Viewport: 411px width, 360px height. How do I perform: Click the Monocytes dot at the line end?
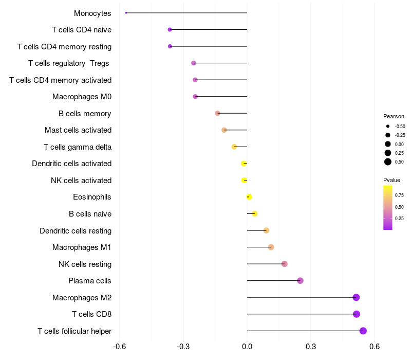(x=126, y=13)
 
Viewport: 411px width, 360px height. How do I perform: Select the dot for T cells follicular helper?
(x=363, y=331)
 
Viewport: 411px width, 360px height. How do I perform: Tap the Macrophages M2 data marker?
(x=356, y=297)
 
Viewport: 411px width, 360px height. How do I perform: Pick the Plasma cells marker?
(x=301, y=281)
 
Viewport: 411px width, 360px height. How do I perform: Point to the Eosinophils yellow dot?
(x=249, y=197)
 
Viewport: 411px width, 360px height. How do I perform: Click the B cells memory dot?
(x=217, y=113)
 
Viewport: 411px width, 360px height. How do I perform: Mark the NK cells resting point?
(x=285, y=264)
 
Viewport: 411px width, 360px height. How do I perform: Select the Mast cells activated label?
(x=78, y=130)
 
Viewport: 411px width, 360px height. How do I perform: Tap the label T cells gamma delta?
(x=78, y=147)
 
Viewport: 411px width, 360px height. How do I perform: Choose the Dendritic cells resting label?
(x=76, y=230)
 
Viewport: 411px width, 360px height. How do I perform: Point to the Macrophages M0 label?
(x=82, y=97)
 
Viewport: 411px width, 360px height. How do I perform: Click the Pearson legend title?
(x=394, y=116)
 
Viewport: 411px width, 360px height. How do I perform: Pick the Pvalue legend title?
(x=392, y=180)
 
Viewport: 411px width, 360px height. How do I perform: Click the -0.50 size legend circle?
(x=388, y=126)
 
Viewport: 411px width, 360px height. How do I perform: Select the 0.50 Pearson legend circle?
(x=388, y=162)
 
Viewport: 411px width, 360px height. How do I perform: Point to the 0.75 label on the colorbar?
(x=400, y=195)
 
